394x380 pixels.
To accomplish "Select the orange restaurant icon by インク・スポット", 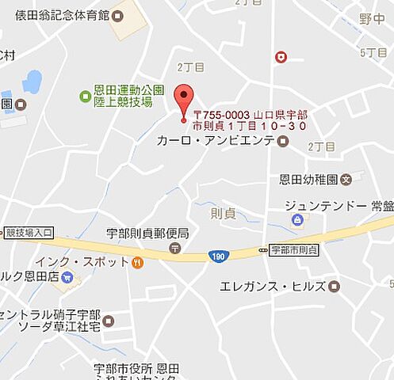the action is coord(138,262).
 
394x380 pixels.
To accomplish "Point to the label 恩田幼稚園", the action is coord(309,179).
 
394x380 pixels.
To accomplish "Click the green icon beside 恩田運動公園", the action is coord(85,96).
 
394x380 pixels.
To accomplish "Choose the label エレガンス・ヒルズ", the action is coord(273,286).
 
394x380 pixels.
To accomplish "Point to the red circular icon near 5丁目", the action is coord(281,57).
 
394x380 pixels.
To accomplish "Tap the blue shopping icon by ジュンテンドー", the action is coord(297,219).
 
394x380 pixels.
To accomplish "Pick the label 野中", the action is coord(371,18).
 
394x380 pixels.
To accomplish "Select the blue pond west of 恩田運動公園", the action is coord(32,82).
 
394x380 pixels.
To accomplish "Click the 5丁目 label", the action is coord(373,52).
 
